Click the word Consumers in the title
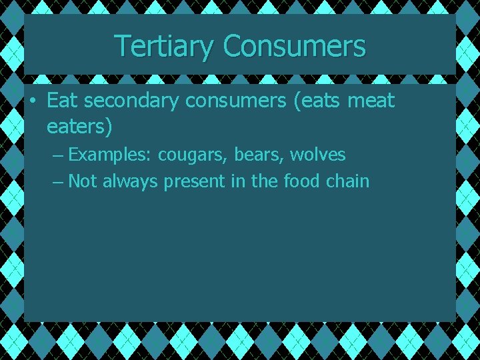[x=295, y=47]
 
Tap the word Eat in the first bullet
[x=62, y=101]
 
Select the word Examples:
[x=110, y=155]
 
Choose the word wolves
[x=318, y=155]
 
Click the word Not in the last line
[x=83, y=181]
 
